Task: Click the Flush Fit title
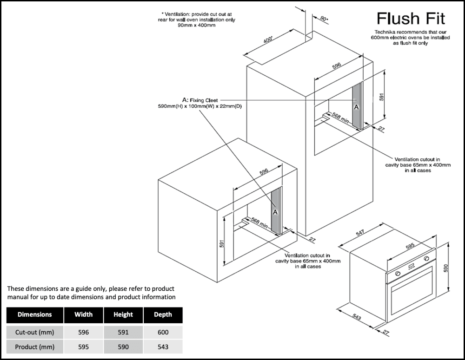[411, 19]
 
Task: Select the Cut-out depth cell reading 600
[163, 332]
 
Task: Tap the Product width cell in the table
[83, 347]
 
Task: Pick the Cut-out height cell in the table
[123, 332]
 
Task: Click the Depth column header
[163, 314]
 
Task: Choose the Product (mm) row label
[34, 347]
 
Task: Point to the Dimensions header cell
[34, 314]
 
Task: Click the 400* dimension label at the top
[268, 41]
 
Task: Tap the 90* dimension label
[324, 19]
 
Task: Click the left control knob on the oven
[398, 273]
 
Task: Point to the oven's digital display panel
[412, 266]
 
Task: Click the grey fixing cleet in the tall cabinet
[357, 106]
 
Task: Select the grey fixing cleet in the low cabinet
[275, 211]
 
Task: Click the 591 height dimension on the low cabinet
[222, 243]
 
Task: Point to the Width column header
[83, 314]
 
